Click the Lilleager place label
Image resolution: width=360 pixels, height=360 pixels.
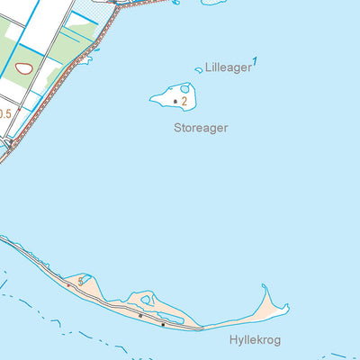pyautogui.click(x=228, y=67)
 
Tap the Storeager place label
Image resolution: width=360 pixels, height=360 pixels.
pyautogui.click(x=201, y=128)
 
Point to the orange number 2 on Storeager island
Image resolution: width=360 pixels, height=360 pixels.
pyautogui.click(x=184, y=102)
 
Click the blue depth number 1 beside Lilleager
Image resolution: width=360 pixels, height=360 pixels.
pyautogui.click(x=256, y=61)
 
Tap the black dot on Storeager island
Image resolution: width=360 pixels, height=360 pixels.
pyautogui.click(x=175, y=102)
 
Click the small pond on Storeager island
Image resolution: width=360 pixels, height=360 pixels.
pyautogui.click(x=185, y=89)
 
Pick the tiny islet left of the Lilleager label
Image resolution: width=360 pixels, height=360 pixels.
pyautogui.click(x=198, y=69)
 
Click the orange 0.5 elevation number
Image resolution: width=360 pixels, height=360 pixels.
pyautogui.click(x=4, y=113)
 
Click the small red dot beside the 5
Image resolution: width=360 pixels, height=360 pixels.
pyautogui.click(x=67, y=283)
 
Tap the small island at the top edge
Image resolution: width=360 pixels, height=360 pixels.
pyautogui.click(x=214, y=2)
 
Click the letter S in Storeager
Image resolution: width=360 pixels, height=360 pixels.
pyautogui.click(x=177, y=128)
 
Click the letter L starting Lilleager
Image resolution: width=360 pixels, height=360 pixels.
pyautogui.click(x=208, y=67)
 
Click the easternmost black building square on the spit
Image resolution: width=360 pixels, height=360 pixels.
pyautogui.click(x=163, y=324)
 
